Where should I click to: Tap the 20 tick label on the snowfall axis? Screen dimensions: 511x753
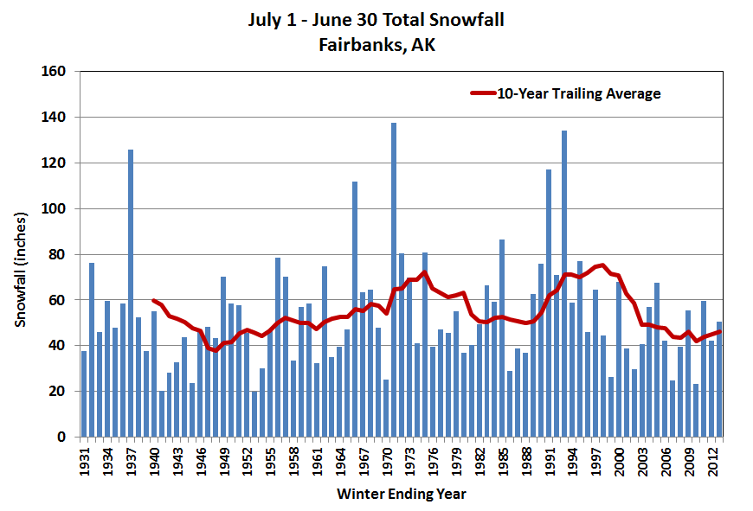click(58, 392)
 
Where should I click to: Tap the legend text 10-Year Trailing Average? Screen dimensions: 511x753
click(578, 93)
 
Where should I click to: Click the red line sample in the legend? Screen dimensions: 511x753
click(482, 93)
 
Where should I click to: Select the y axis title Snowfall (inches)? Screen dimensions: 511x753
click(20, 254)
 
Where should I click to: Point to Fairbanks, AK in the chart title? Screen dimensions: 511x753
click(376, 44)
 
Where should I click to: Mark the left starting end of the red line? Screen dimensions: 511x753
click(154, 301)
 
